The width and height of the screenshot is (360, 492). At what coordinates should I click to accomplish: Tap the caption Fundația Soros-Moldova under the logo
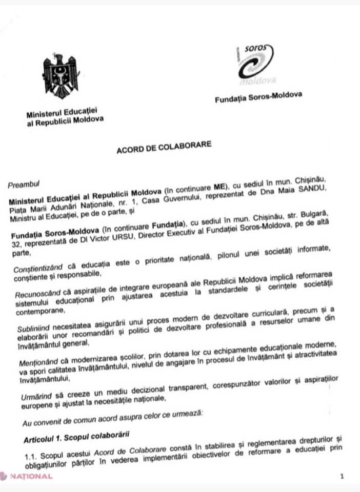click(258, 95)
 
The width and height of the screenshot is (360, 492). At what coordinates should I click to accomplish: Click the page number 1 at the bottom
click(342, 477)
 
